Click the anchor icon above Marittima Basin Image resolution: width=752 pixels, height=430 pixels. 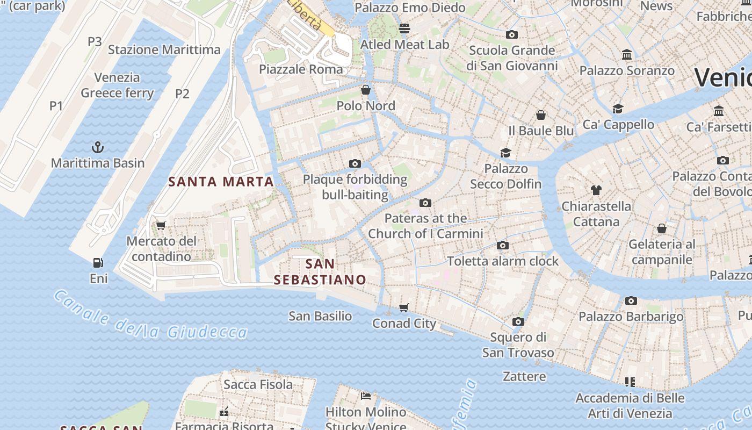point(98,147)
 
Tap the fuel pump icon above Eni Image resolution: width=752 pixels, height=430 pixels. point(98,263)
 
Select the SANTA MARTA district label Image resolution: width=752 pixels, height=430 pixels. point(221,182)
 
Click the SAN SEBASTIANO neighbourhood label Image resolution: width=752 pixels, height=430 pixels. point(320,272)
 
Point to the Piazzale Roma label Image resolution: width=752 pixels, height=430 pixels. point(301,69)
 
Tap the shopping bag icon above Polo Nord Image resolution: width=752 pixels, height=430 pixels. point(366,89)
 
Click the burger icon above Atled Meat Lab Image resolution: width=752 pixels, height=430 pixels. point(404,28)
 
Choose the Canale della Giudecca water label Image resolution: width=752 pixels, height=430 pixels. point(150,317)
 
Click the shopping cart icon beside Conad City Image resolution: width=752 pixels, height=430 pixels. point(404,307)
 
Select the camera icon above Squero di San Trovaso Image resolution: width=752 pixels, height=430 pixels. point(518,321)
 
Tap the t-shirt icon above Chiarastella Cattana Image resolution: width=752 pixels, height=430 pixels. point(596,190)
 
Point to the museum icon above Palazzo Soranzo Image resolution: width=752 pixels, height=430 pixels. point(626,54)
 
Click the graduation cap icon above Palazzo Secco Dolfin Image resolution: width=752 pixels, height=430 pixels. point(505,153)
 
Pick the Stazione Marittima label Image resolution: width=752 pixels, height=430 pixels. point(164,50)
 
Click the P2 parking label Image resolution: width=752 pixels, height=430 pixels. point(183,94)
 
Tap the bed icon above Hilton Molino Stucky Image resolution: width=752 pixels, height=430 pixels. point(366,396)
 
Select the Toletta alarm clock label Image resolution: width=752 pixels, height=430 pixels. point(503,261)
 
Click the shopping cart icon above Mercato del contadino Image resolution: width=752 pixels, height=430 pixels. point(161,225)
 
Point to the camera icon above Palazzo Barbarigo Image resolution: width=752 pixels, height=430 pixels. point(631,300)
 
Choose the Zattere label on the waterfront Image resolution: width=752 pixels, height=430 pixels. point(524,376)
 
